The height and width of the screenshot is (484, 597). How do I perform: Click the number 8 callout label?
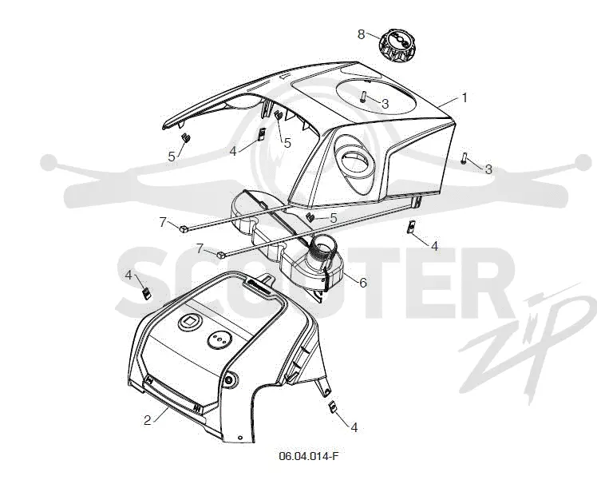pyautogui.click(x=361, y=34)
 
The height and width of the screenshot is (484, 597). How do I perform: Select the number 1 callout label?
pyautogui.click(x=465, y=98)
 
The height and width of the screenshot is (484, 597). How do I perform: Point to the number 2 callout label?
pyautogui.click(x=148, y=420)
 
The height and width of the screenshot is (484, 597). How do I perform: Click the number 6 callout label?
pyautogui.click(x=363, y=283)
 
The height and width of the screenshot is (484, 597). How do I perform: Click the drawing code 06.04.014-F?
pyautogui.click(x=308, y=456)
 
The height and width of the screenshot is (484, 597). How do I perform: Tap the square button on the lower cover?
pyautogui.click(x=189, y=323)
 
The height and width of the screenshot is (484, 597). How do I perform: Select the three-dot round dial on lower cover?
pyautogui.click(x=219, y=339)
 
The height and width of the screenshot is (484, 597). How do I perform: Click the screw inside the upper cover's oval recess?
pyautogui.click(x=363, y=96)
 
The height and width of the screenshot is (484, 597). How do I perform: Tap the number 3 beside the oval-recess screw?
pyautogui.click(x=385, y=104)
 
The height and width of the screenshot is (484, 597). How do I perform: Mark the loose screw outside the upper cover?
pyautogui.click(x=464, y=158)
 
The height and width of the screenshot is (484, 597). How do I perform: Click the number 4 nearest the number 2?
pyautogui.click(x=128, y=275)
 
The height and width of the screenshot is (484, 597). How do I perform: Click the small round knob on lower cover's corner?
pyautogui.click(x=230, y=379)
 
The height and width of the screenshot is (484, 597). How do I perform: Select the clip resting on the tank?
pyautogui.click(x=310, y=217)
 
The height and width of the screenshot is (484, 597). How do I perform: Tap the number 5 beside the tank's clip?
pyautogui.click(x=334, y=218)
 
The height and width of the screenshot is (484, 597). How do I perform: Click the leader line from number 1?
pyautogui.click(x=448, y=102)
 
